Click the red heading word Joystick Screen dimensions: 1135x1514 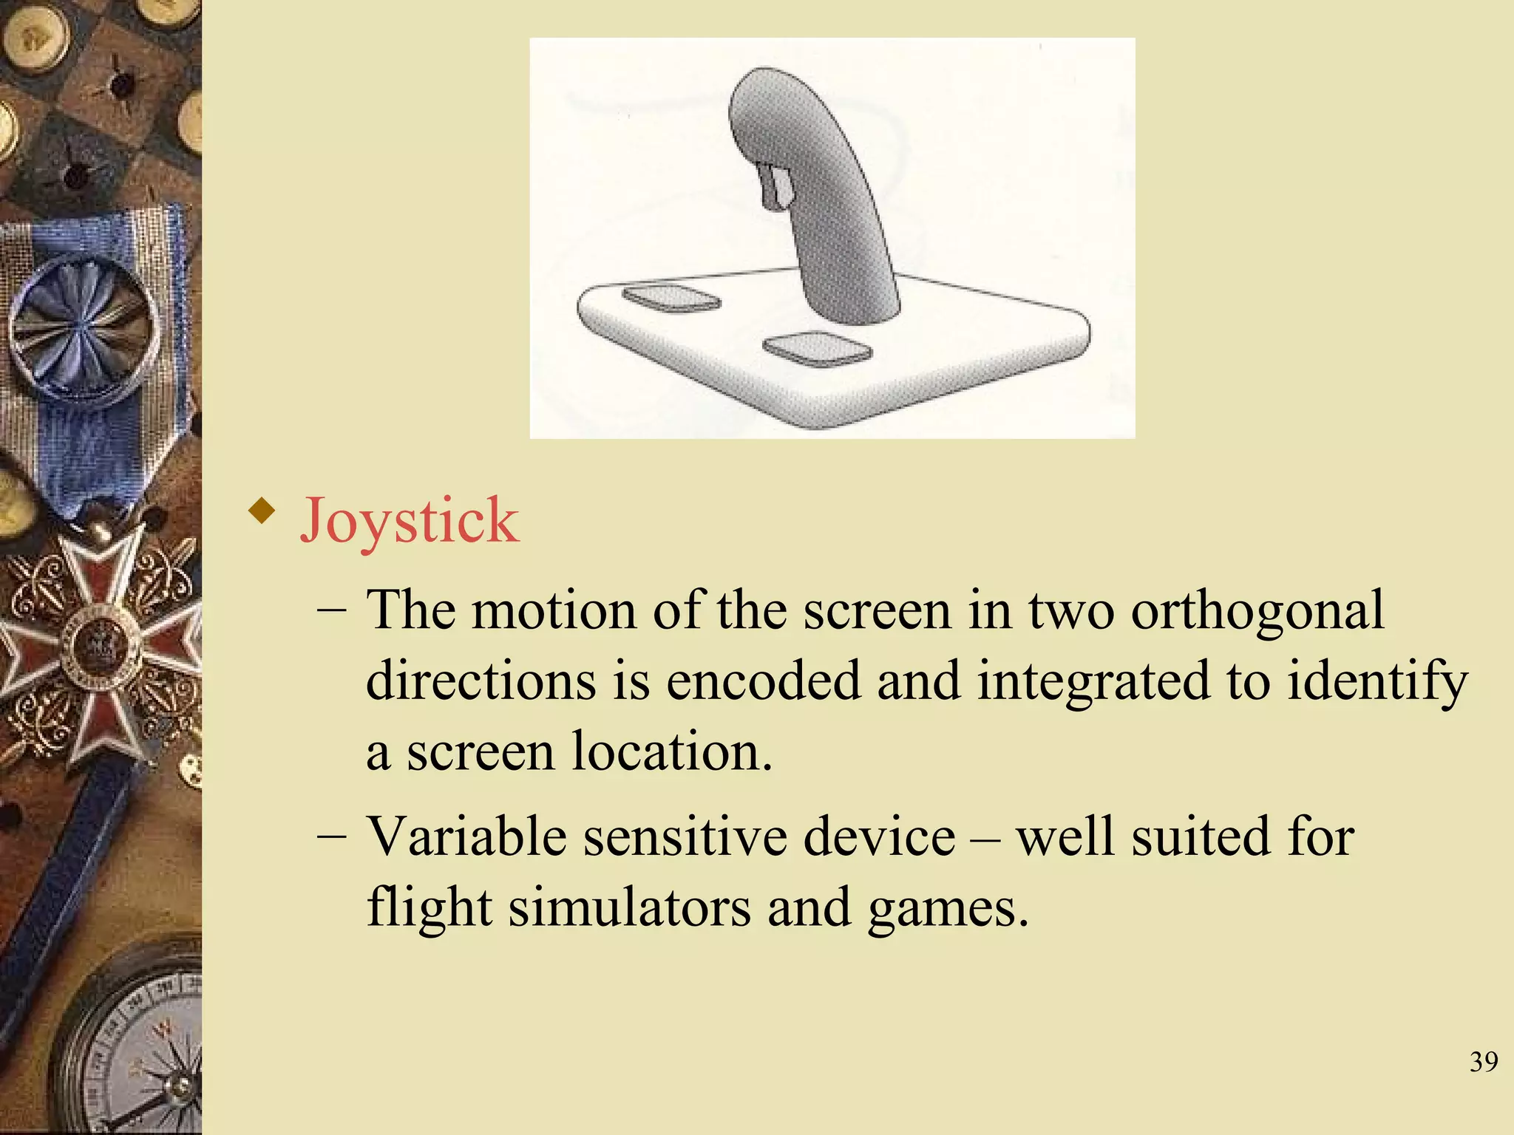[x=409, y=522]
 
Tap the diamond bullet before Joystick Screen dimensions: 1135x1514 [x=262, y=511]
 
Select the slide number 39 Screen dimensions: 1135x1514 [x=1484, y=1062]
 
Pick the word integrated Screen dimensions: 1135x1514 [x=1093, y=682]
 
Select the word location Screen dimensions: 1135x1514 [x=672, y=751]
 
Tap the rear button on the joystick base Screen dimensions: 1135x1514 [x=671, y=298]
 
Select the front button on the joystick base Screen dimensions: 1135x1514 [x=816, y=348]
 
